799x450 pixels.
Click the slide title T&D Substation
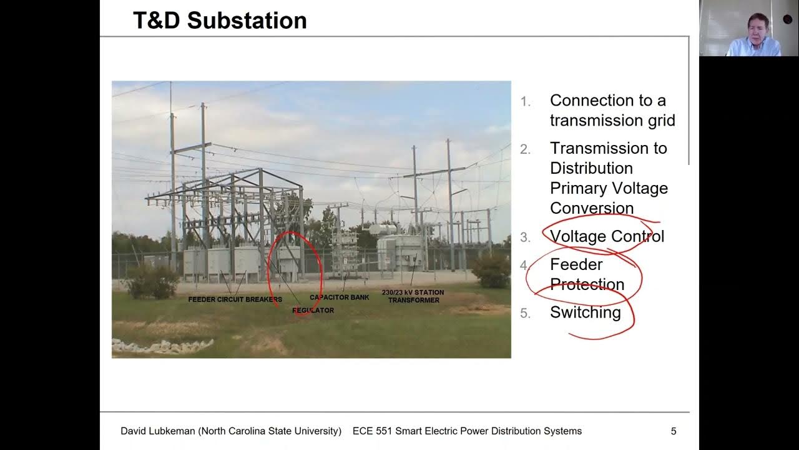[x=220, y=21]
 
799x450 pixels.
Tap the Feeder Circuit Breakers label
[x=235, y=299]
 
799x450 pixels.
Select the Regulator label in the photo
[x=313, y=310]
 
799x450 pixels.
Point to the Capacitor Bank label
[x=339, y=297]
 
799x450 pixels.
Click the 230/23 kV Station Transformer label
[x=413, y=296]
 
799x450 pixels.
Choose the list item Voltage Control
[x=607, y=236]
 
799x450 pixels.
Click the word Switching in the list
[x=585, y=312]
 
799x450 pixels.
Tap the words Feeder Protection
[x=587, y=274]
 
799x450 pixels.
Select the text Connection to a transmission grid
[x=612, y=111]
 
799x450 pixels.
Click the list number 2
[x=526, y=149]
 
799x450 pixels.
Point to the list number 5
[x=526, y=314]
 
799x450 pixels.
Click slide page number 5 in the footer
[x=673, y=431]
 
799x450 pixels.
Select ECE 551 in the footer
[x=368, y=431]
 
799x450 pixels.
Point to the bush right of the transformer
[x=492, y=270]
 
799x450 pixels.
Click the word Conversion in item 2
[x=591, y=208]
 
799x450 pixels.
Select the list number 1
[x=526, y=102]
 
